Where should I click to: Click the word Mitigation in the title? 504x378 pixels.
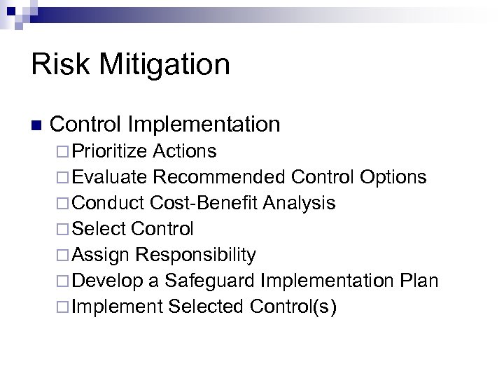point(164,65)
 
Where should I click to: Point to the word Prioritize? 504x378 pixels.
point(109,151)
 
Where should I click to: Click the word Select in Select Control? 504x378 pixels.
point(98,229)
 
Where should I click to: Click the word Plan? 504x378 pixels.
point(418,281)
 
